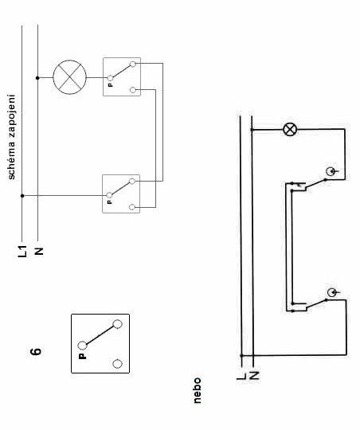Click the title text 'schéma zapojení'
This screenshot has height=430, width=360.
point(11,137)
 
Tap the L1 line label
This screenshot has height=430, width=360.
point(23,251)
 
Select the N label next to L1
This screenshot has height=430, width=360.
point(39,251)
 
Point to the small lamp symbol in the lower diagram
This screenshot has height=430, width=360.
point(290,130)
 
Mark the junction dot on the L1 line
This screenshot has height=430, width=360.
point(22,196)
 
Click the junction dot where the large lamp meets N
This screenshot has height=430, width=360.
point(37,78)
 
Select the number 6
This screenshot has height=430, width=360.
point(36,351)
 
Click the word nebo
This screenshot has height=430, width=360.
point(197,390)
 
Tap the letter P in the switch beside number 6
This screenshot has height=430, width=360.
point(82,356)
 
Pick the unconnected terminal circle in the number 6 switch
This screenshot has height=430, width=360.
point(117,364)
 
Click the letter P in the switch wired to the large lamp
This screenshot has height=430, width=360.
point(110,85)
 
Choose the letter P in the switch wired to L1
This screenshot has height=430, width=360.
point(109,201)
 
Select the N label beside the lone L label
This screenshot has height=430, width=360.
point(254,375)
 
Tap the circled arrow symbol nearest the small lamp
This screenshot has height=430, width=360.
point(331,172)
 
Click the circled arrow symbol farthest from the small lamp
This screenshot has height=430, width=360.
point(333,292)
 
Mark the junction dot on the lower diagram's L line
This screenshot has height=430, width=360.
point(241,355)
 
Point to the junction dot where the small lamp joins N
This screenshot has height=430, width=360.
point(252,130)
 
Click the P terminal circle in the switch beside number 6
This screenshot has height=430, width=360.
point(82,346)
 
